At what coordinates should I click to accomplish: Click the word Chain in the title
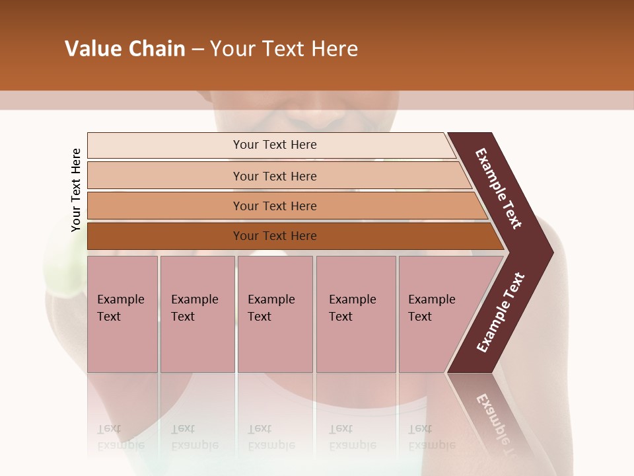157,49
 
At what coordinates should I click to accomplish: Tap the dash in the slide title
197,50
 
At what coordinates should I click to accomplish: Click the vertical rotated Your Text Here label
76,190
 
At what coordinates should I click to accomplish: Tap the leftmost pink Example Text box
122,314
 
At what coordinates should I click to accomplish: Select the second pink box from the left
197,314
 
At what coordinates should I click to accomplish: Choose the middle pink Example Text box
275,314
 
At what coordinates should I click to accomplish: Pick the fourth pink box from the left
356,314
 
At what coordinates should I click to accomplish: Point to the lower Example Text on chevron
501,312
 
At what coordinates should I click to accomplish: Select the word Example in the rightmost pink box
431,299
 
